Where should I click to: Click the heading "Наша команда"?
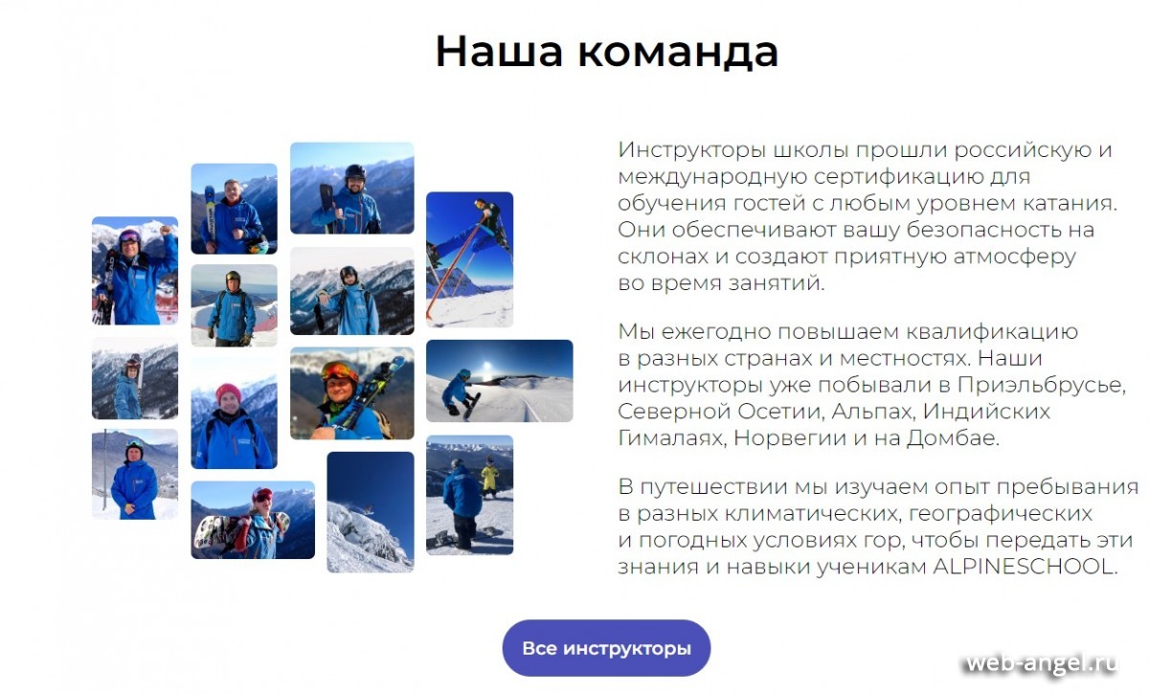tap(607, 52)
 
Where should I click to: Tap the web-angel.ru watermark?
tap(1042, 662)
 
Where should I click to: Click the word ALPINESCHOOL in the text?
tap(1025, 567)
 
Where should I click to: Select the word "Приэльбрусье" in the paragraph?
tap(1042, 386)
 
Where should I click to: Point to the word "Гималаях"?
tap(672, 438)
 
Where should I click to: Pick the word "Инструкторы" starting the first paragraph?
tap(692, 150)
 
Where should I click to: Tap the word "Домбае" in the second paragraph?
tap(953, 438)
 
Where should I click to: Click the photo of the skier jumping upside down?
tap(469, 259)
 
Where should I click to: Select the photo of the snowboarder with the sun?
tap(499, 381)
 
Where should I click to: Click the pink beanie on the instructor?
tap(228, 392)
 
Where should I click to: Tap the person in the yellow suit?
tap(490, 477)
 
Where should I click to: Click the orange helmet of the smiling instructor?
tap(340, 370)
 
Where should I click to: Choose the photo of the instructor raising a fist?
tap(135, 270)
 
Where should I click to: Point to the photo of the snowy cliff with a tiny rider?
tap(371, 512)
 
